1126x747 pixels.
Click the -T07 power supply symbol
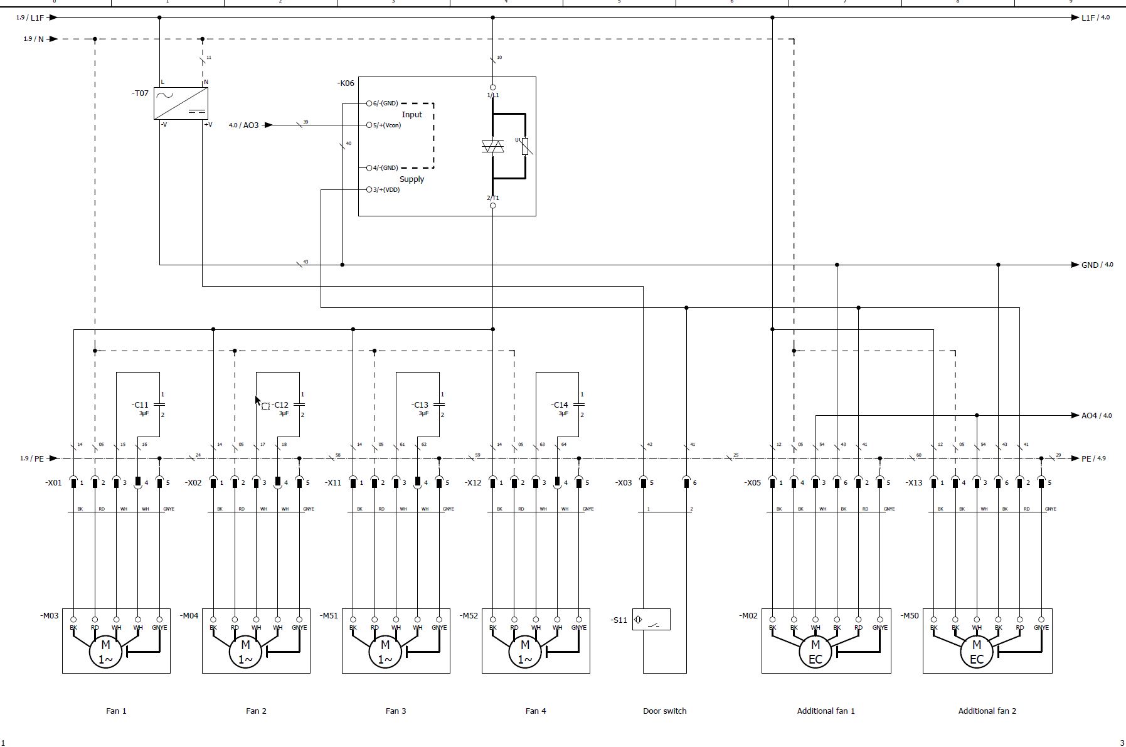(x=181, y=103)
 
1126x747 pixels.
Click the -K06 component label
(x=346, y=83)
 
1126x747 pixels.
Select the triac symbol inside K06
(x=493, y=147)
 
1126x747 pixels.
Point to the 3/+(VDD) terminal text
(x=386, y=190)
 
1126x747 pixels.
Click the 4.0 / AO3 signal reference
(x=243, y=125)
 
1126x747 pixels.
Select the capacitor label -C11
(x=140, y=405)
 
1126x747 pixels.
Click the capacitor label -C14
(x=560, y=405)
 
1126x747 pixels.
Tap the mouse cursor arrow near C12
(x=257, y=401)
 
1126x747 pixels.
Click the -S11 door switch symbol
(x=651, y=620)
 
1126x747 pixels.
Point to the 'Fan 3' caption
(x=396, y=711)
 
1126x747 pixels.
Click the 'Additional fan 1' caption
(x=826, y=711)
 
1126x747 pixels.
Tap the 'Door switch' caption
(x=664, y=711)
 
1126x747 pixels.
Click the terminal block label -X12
(x=473, y=483)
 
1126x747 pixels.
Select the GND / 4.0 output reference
(x=1097, y=265)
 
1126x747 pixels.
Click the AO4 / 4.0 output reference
(x=1097, y=415)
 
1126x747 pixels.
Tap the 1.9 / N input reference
(x=34, y=39)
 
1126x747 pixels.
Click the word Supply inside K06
(x=412, y=179)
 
